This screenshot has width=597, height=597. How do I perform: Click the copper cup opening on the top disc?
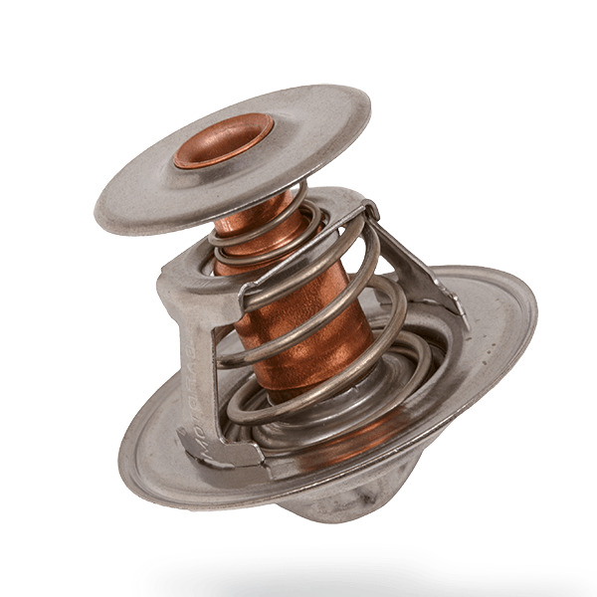[x=224, y=137]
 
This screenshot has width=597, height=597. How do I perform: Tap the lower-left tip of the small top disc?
[x=99, y=214]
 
